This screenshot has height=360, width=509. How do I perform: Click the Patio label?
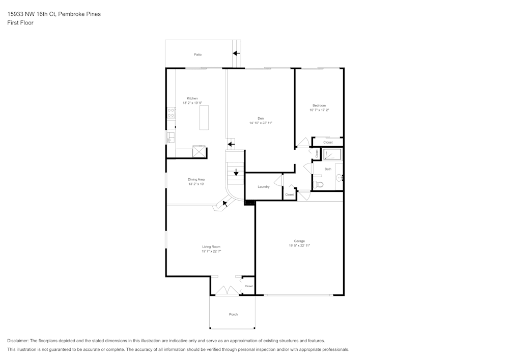pos(198,54)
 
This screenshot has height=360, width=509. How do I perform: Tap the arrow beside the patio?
pos(236,52)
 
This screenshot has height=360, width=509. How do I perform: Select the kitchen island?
pos(204,118)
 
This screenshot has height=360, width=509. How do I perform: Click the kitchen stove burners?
pos(172,113)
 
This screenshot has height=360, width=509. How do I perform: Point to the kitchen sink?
pos(171,137)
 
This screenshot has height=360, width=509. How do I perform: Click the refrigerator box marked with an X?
pos(199,152)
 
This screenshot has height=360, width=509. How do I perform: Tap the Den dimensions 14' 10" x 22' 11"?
pos(261,123)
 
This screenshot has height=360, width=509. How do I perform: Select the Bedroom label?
pos(319,105)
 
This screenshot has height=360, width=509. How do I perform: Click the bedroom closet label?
pos(328,143)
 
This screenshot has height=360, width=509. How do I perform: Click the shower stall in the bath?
pos(332,155)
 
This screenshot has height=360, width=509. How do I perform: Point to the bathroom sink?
pos(340,178)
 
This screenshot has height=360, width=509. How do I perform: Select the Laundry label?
pos(264,187)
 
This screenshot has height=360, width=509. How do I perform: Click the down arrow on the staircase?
pos(236,172)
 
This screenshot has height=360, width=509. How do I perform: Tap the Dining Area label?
pos(196,180)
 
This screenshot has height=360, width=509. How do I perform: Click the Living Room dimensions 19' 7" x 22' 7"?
pos(211,251)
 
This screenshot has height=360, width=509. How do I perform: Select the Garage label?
pos(299,241)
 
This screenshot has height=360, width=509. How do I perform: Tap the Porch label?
pos(233,314)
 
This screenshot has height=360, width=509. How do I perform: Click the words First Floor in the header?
pos(20,23)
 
